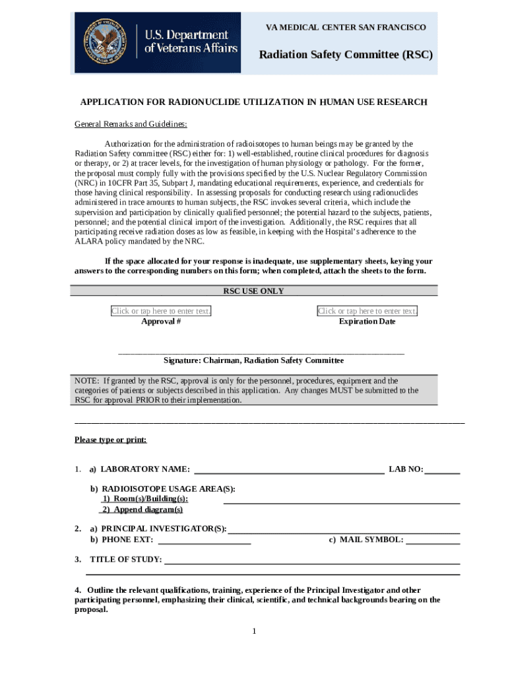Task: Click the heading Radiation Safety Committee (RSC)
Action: pos(345,54)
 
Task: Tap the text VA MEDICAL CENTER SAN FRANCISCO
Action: pos(346,27)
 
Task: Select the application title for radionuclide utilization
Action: pos(253,102)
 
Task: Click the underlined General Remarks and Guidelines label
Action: pos(131,124)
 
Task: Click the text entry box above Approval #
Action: pos(161,311)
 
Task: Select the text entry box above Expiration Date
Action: pos(367,311)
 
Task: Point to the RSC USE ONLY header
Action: pos(253,291)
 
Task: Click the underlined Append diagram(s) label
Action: pos(141,510)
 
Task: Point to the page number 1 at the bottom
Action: pos(253,631)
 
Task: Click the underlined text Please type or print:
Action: pos(110,440)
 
